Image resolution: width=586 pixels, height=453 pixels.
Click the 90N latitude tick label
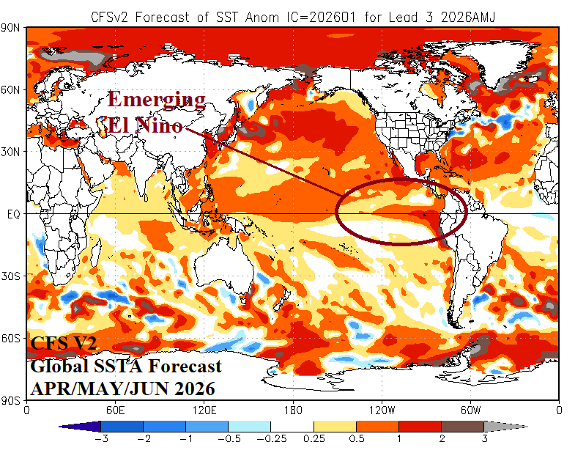(x=13, y=28)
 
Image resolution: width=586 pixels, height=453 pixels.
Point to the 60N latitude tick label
(x=13, y=89)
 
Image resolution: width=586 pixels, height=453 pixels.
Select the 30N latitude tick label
(x=13, y=152)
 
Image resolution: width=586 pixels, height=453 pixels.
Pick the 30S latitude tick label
(x=13, y=276)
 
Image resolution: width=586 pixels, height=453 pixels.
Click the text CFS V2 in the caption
(x=63, y=343)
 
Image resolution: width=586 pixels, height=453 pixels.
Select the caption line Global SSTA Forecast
(x=125, y=366)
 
